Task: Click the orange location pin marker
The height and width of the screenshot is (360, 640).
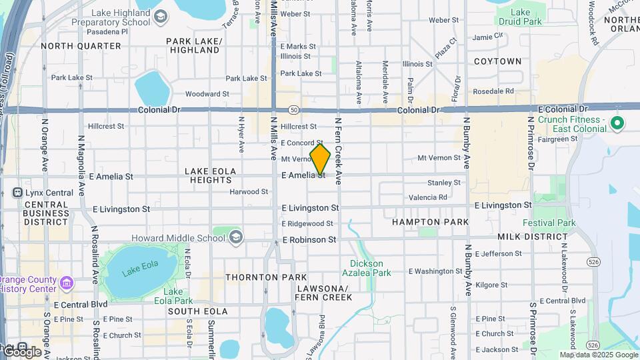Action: [x=320, y=159]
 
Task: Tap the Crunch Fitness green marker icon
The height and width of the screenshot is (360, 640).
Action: [x=617, y=123]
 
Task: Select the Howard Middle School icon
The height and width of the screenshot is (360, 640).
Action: [x=235, y=237]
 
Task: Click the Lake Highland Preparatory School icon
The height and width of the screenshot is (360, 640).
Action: [x=160, y=17]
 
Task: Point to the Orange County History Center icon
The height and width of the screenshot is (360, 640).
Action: [x=66, y=283]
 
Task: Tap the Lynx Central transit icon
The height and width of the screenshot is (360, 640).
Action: [x=17, y=193]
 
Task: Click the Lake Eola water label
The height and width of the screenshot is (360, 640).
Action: [x=141, y=264]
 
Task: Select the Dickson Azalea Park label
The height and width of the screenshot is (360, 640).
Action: [x=367, y=268]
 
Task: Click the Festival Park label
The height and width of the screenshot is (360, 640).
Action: [x=549, y=223]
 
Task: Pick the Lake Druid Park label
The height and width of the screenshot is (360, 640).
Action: [x=521, y=17]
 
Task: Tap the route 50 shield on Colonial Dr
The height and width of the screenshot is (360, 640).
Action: [x=293, y=109]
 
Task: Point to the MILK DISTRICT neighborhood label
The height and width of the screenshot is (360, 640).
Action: [x=533, y=237]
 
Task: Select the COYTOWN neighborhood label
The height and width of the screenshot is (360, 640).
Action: [x=497, y=61]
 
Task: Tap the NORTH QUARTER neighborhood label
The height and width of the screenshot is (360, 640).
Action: [x=81, y=46]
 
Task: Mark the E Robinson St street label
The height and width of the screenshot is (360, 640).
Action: [x=309, y=239]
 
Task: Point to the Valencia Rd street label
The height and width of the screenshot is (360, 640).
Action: [x=428, y=197]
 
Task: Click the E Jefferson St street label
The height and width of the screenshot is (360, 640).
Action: [x=493, y=253]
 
